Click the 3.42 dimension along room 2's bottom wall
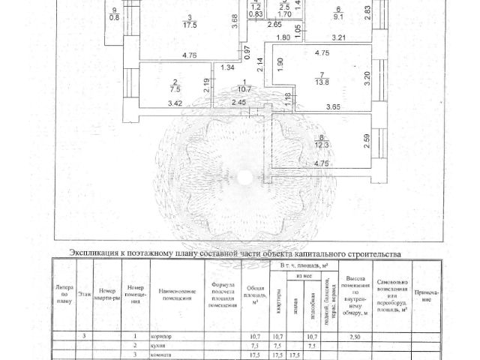(x=154, y=103)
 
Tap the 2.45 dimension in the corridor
(x=238, y=103)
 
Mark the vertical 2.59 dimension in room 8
(x=367, y=140)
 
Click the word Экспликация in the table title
(x=94, y=254)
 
